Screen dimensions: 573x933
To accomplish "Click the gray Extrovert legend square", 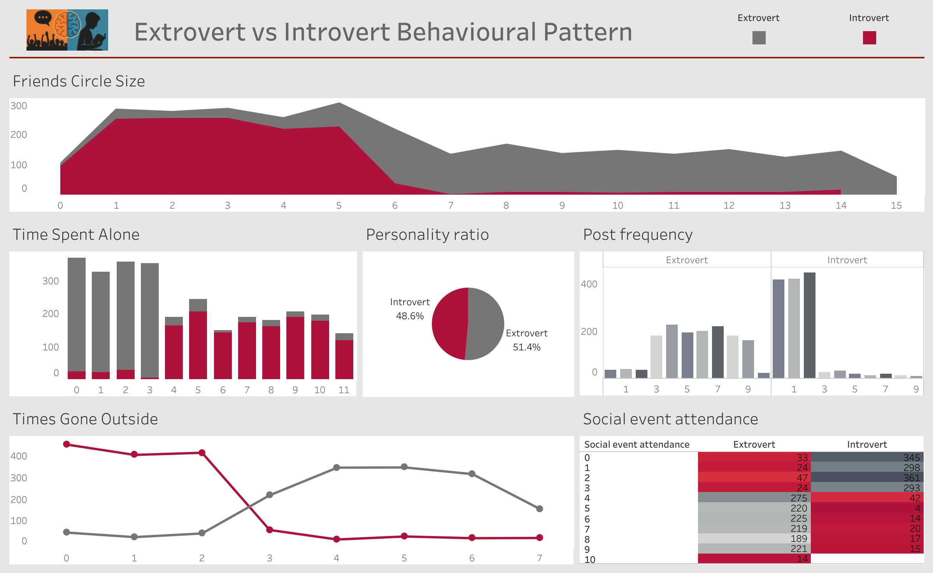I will (x=759, y=38).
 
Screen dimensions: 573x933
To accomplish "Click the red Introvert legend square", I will (x=869, y=38).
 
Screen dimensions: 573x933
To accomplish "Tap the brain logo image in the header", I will (x=67, y=30).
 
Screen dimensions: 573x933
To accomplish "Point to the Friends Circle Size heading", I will (x=79, y=81).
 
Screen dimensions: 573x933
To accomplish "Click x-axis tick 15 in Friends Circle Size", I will (x=896, y=206).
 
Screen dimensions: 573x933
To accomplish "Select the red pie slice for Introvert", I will (x=449, y=323).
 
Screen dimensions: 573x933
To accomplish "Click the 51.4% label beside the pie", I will (x=526, y=347).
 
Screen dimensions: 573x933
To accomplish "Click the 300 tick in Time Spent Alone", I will (x=51, y=281).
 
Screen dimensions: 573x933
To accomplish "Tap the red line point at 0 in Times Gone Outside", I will (x=67, y=444).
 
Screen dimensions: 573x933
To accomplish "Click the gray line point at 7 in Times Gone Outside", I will (x=539, y=509).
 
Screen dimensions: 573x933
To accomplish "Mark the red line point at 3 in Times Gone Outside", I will (x=270, y=530).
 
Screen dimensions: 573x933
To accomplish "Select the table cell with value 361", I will (x=867, y=478).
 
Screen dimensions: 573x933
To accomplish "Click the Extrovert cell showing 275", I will (x=754, y=498).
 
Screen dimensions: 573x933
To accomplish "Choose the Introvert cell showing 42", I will (x=867, y=498).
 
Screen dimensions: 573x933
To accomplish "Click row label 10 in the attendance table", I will (x=590, y=560).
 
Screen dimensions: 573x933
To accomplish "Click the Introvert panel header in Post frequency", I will (x=847, y=260).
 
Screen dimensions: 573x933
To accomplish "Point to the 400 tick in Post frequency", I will (x=589, y=284).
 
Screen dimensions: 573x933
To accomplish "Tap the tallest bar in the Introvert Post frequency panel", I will (x=809, y=325).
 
